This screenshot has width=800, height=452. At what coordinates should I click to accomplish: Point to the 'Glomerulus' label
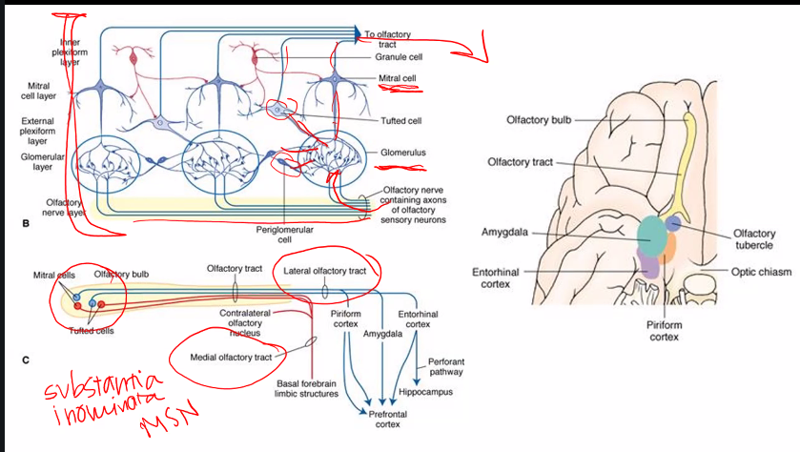(402, 151)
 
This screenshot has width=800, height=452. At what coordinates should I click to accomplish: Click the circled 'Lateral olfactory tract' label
(324, 272)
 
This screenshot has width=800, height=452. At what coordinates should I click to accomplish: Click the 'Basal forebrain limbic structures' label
(300, 388)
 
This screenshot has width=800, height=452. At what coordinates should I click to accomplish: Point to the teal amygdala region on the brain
(650, 235)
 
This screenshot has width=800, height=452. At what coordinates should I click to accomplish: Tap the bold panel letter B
(26, 223)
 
